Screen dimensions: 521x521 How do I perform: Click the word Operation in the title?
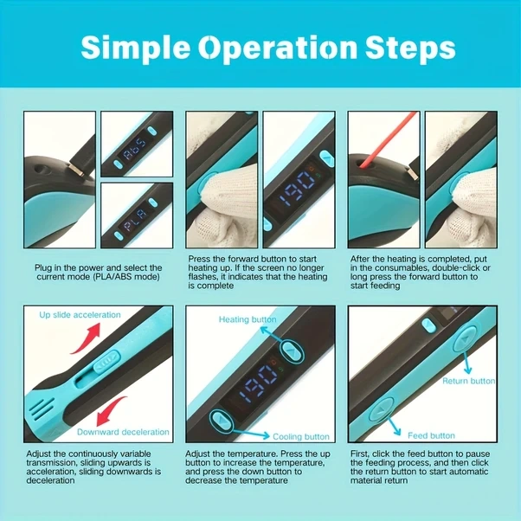click(x=278, y=48)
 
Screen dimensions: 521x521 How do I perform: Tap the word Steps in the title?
click(x=410, y=48)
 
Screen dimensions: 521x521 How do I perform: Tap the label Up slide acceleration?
click(x=80, y=315)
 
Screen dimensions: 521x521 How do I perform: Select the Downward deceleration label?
click(x=123, y=432)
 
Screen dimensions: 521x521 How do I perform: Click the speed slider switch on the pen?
click(x=106, y=361)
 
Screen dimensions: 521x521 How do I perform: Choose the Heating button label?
click(x=248, y=319)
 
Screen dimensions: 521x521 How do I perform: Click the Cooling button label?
click(x=301, y=436)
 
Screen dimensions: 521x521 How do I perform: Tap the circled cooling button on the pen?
click(x=222, y=421)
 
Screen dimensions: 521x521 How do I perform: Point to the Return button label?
click(x=468, y=381)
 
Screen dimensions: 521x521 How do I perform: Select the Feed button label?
click(x=431, y=435)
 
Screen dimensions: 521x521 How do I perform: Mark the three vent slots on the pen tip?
click(x=42, y=408)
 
